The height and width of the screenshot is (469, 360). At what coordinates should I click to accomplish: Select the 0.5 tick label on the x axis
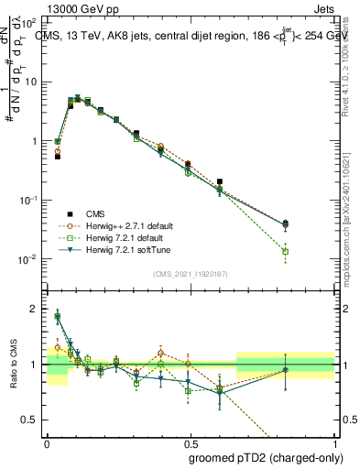(191, 441)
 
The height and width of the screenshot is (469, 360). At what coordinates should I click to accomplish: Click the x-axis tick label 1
(334, 441)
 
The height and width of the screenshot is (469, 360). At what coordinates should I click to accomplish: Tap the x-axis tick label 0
(47, 441)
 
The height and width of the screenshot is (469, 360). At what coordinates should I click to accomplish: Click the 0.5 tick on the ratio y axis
(34, 420)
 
